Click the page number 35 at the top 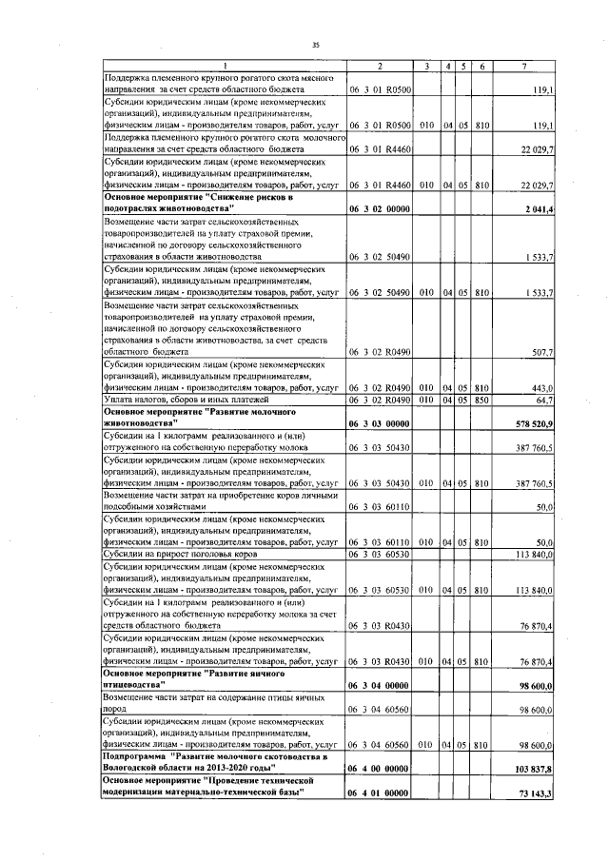click(x=316, y=44)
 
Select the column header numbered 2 click(x=379, y=66)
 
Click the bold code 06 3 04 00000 click(x=379, y=685)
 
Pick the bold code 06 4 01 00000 click(x=379, y=793)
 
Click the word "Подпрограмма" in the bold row click(x=132, y=756)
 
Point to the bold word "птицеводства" click(x=133, y=685)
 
